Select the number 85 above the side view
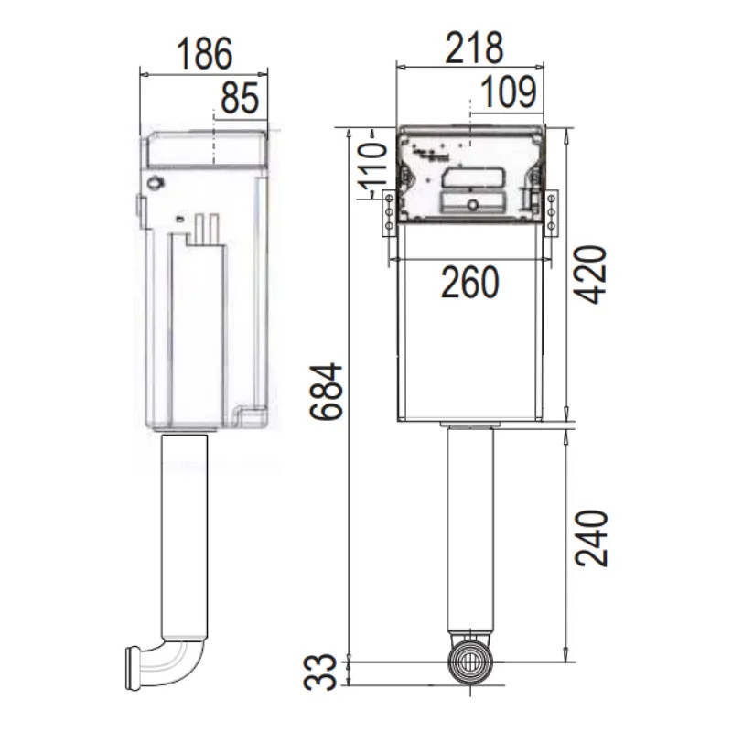click(240, 98)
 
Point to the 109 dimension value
click(506, 91)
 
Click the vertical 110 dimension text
click(371, 168)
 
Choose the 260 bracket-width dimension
click(469, 283)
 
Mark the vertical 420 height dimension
click(592, 274)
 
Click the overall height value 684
click(327, 391)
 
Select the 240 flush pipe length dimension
click(592, 537)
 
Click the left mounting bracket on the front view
click(389, 211)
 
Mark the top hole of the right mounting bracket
click(552, 199)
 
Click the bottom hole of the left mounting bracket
click(389, 224)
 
